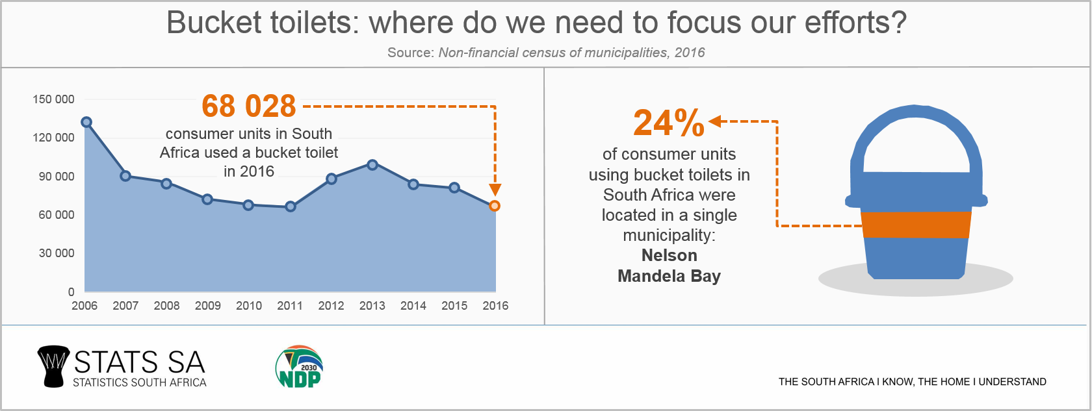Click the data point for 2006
point(86,122)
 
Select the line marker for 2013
point(372,165)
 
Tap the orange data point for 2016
point(495,206)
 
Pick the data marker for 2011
point(291,206)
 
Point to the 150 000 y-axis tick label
point(53,99)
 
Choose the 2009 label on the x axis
point(208,306)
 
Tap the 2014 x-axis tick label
point(413,306)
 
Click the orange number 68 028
point(249,106)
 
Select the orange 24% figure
point(669,123)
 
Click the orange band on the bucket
point(916,224)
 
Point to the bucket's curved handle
point(916,123)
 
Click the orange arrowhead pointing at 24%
point(715,121)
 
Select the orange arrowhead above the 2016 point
point(495,190)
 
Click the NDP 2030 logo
point(300,367)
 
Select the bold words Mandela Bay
point(669,276)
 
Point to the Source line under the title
point(546,53)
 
